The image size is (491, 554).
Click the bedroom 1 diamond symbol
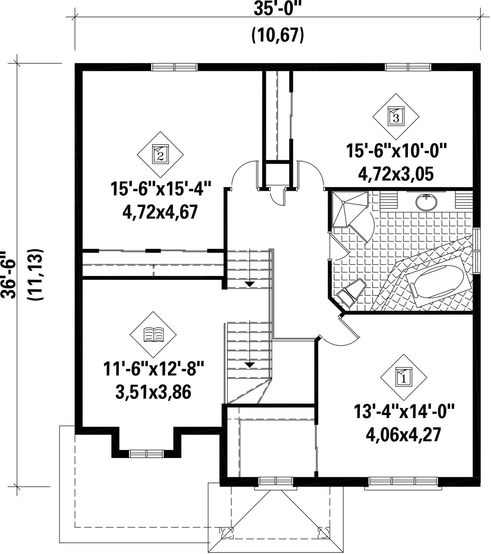(x=404, y=377)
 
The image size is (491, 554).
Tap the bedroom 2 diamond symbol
(x=160, y=155)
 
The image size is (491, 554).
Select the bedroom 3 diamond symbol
(x=396, y=116)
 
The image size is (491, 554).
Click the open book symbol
(x=153, y=335)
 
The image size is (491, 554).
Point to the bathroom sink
(x=426, y=202)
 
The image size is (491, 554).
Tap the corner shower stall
(x=350, y=209)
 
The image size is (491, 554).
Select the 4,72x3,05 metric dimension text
(x=396, y=174)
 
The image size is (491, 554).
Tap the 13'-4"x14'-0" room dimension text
(x=404, y=411)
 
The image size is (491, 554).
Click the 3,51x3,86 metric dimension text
(x=153, y=392)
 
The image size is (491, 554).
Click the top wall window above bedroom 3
(x=408, y=67)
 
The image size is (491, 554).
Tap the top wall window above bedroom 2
(x=175, y=67)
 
